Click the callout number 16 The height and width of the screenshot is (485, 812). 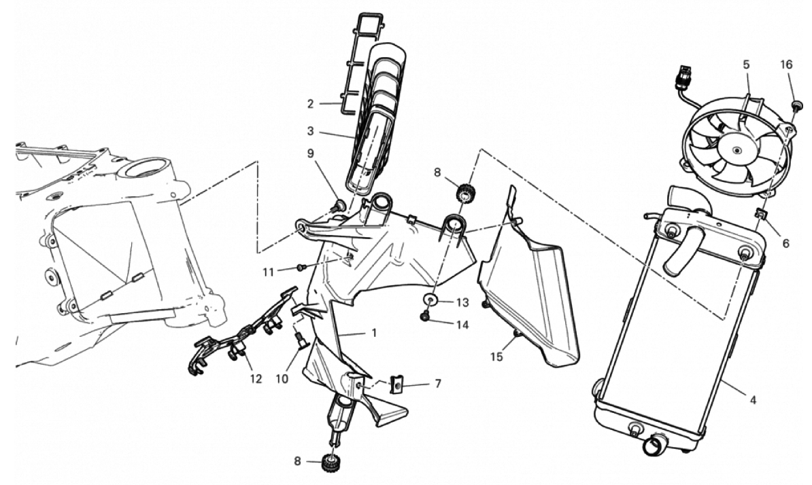(786, 65)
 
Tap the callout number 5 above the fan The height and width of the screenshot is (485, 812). (746, 65)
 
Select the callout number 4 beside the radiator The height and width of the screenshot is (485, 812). (753, 399)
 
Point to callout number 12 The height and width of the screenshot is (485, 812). (256, 379)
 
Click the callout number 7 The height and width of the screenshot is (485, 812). (438, 384)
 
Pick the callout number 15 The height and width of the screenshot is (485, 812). (496, 357)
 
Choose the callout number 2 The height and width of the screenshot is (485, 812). (310, 104)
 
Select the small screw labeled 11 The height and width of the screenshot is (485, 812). (301, 268)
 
